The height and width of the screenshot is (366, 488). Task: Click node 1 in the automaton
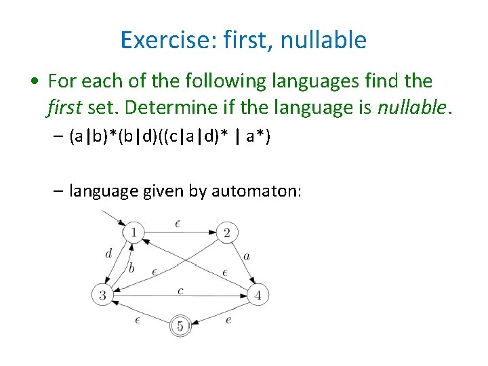134,233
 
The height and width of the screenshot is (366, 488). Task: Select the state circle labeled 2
226,233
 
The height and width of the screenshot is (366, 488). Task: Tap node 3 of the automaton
102,295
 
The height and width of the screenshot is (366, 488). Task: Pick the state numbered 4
258,295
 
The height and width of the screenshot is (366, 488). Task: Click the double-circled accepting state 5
180,326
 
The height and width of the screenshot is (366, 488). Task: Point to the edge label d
108,254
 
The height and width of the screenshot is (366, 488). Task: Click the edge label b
131,268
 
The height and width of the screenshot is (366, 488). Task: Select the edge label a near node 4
247,256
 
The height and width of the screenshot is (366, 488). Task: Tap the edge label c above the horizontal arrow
180,290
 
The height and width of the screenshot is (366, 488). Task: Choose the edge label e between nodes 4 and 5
228,319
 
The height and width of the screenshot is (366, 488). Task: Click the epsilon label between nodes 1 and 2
177,223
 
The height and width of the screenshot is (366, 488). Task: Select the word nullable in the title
326,41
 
